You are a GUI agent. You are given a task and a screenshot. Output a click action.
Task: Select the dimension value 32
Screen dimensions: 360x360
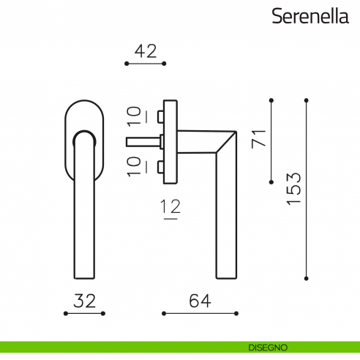[85, 300]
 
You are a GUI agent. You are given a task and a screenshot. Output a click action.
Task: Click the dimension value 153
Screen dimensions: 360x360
[294, 189]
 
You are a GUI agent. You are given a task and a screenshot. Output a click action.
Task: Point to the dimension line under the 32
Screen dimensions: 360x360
[85, 314]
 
